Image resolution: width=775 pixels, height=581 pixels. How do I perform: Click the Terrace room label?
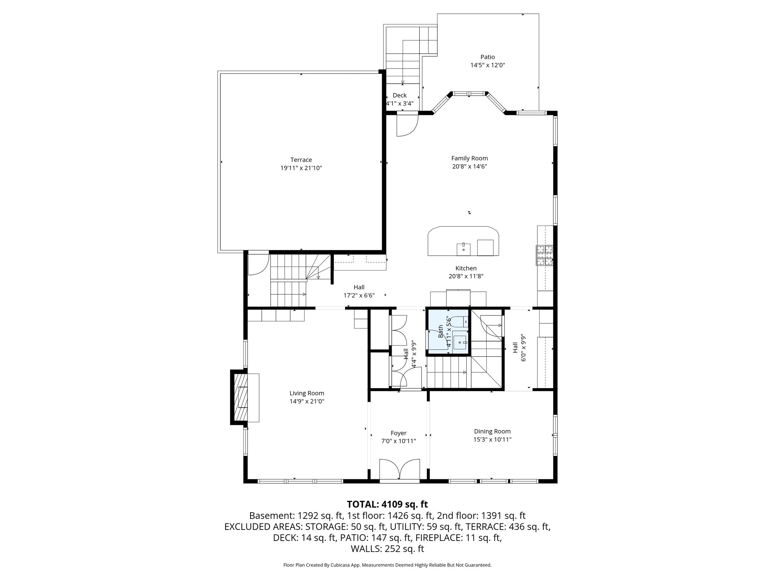click(x=301, y=160)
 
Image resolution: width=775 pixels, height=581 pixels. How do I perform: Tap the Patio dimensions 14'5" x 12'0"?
click(x=487, y=65)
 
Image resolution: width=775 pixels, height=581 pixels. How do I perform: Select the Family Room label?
click(x=469, y=158)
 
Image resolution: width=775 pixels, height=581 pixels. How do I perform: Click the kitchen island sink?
click(x=463, y=249)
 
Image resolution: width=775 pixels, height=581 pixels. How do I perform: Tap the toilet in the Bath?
click(x=460, y=322)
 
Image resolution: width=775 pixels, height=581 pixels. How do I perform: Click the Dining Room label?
click(x=492, y=431)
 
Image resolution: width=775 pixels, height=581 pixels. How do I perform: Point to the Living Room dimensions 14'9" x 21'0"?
click(x=307, y=401)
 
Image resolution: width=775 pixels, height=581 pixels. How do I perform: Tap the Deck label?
click(x=399, y=95)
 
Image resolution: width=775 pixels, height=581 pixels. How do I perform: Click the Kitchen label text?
click(x=466, y=268)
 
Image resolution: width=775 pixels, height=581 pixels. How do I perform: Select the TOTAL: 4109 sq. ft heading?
click(x=387, y=504)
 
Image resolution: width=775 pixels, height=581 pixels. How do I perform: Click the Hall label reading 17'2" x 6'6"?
click(x=359, y=295)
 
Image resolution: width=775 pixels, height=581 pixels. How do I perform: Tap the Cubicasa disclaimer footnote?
click(x=387, y=565)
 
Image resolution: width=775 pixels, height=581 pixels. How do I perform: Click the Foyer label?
click(x=398, y=433)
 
